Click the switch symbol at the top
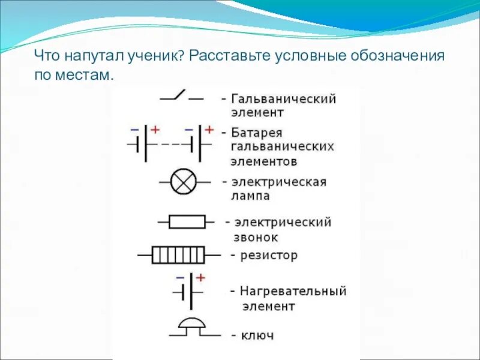coord(181,96)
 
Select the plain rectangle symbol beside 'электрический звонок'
coord(187,222)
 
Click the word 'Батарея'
coord(256,133)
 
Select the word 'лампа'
coord(250,196)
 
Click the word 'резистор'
coord(269,256)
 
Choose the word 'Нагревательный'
coord(293,292)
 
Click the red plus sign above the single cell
coord(200,277)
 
